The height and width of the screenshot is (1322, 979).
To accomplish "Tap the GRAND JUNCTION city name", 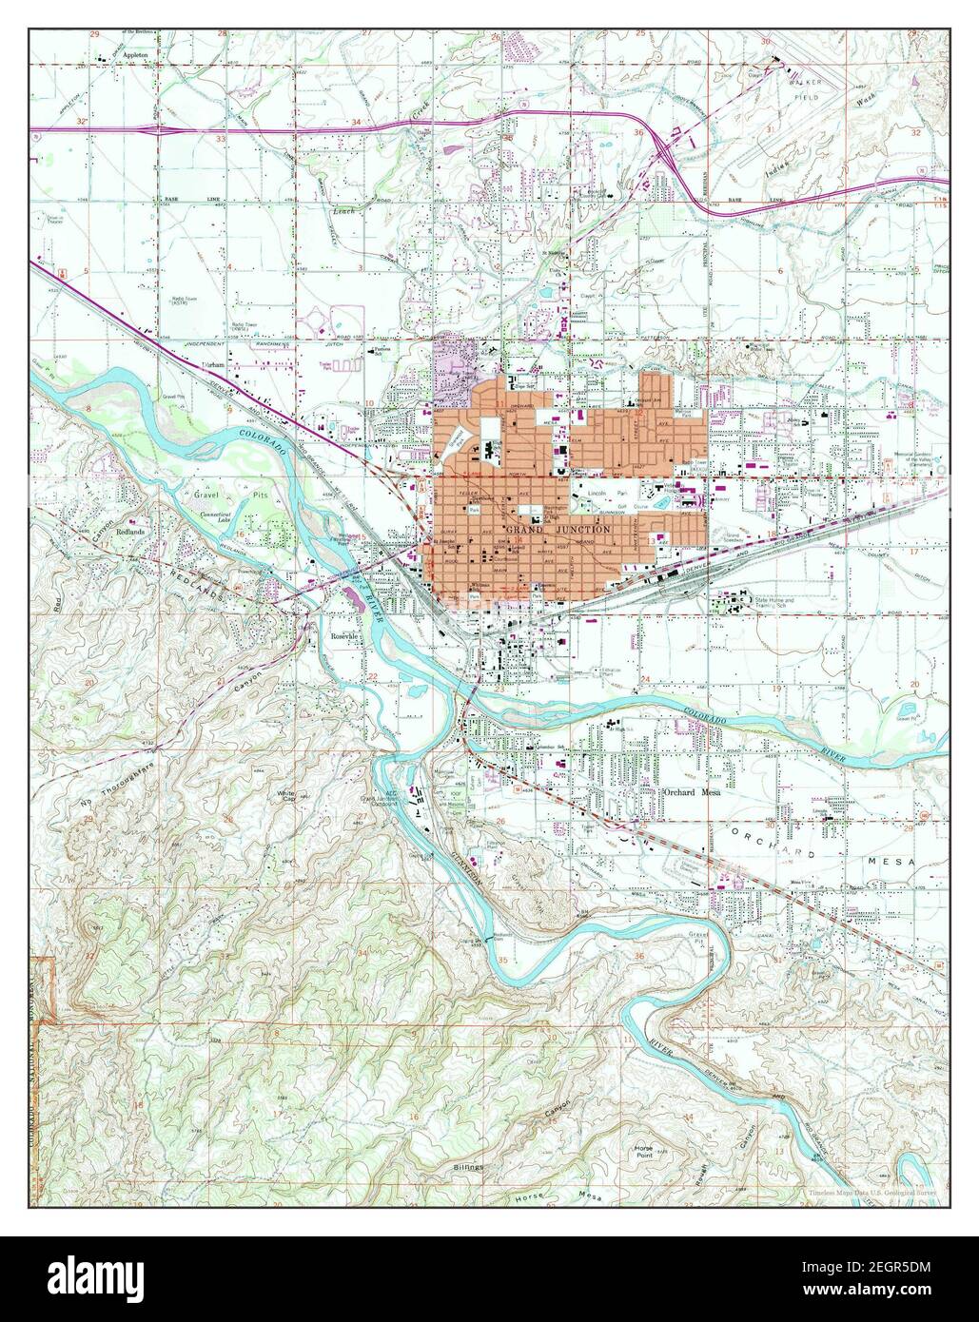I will click(x=546, y=528).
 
